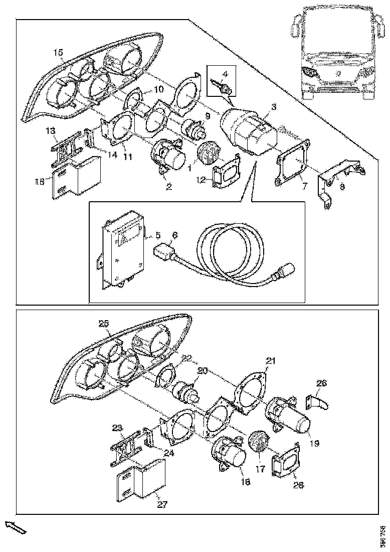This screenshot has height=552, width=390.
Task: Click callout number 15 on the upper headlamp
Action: (58, 52)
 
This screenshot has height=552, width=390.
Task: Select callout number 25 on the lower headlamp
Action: (104, 324)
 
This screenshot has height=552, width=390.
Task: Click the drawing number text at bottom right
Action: (383, 535)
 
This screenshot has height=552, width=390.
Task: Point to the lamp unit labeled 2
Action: (169, 157)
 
